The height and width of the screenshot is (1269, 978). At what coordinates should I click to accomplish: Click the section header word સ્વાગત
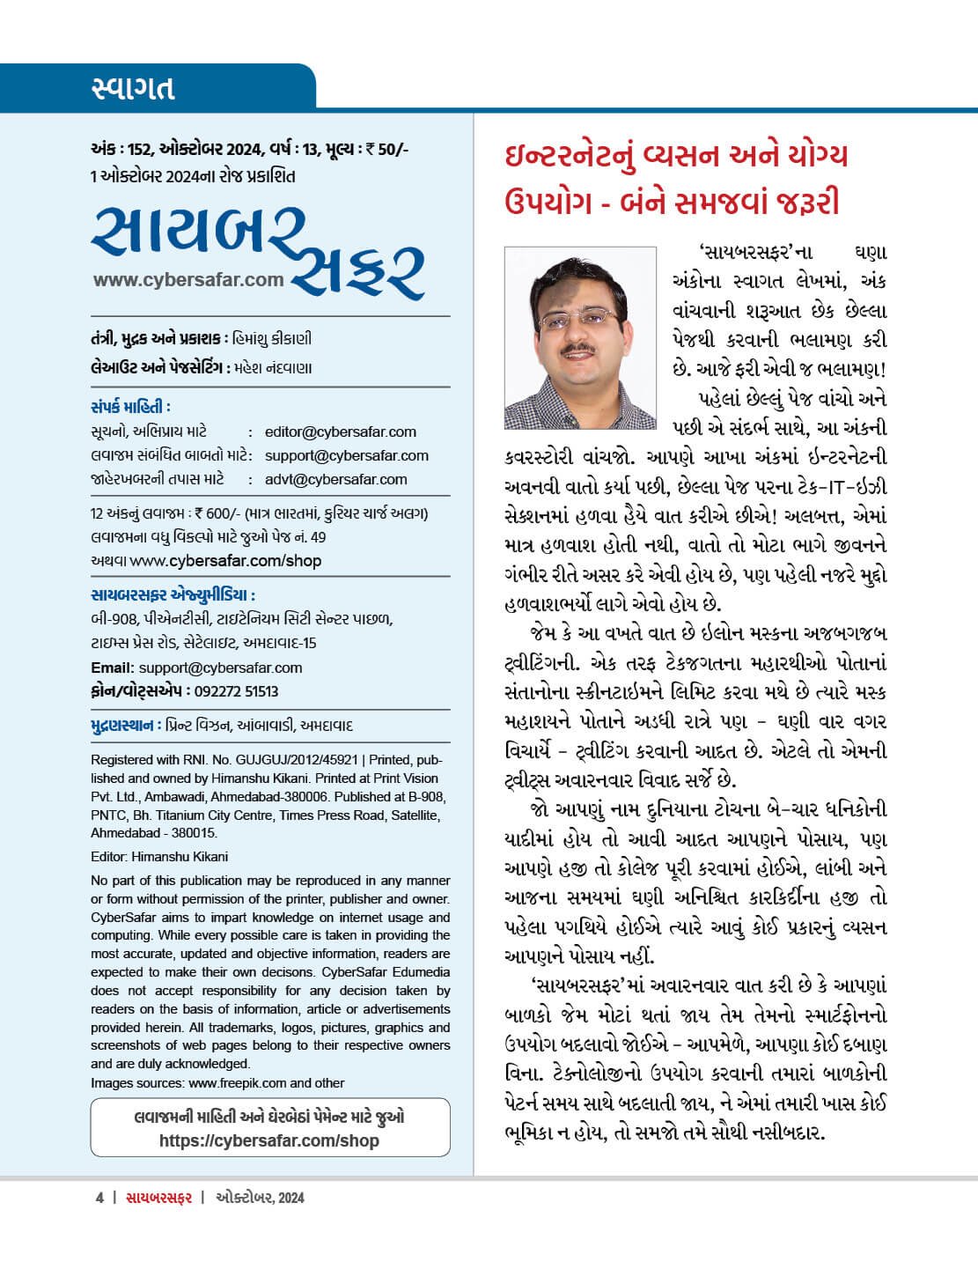(x=133, y=88)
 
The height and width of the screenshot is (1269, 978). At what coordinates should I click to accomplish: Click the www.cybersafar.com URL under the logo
(x=188, y=280)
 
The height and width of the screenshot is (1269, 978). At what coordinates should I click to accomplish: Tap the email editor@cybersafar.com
(x=340, y=432)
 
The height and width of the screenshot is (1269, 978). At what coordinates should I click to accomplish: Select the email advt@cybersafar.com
(x=335, y=479)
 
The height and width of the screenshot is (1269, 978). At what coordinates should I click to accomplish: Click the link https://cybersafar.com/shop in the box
(x=269, y=1140)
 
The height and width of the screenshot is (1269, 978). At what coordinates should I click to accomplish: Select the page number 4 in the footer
(x=99, y=1198)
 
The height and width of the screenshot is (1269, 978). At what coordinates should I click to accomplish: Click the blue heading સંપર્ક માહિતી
(x=129, y=407)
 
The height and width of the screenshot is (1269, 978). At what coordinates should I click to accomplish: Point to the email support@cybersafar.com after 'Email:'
(x=220, y=668)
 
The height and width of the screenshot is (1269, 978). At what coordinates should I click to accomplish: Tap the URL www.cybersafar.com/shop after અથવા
(x=225, y=561)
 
